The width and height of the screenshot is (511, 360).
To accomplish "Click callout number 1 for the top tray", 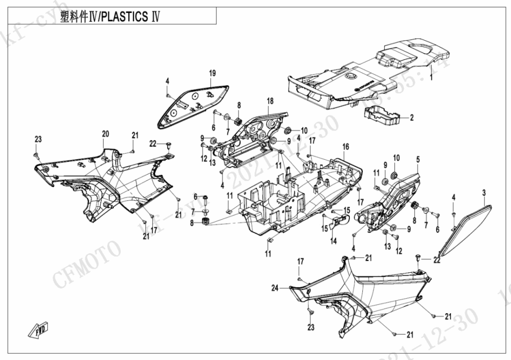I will [432, 78].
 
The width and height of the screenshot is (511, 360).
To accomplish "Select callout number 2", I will [412, 118].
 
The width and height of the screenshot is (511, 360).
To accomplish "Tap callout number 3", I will [483, 192].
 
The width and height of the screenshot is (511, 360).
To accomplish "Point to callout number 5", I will [418, 160].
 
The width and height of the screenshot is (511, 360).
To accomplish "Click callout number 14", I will [333, 241].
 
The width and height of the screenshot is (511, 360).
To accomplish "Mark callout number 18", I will [270, 101].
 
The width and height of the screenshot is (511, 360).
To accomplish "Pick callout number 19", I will [212, 74].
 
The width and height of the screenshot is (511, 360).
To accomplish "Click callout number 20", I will [105, 134].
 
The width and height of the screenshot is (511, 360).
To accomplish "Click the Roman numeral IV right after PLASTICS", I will [155, 16].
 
